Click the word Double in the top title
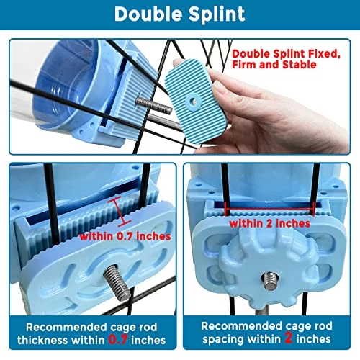(x=149, y=14)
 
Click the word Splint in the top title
(x=217, y=14)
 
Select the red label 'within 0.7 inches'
(x=125, y=237)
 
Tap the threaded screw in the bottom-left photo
(x=117, y=282)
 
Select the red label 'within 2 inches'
(x=270, y=224)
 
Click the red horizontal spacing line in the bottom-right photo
(x=270, y=209)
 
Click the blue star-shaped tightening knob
(x=269, y=269)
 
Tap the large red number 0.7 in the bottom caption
(x=118, y=340)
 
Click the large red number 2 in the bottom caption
(x=288, y=338)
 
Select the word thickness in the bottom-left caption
(x=43, y=340)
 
